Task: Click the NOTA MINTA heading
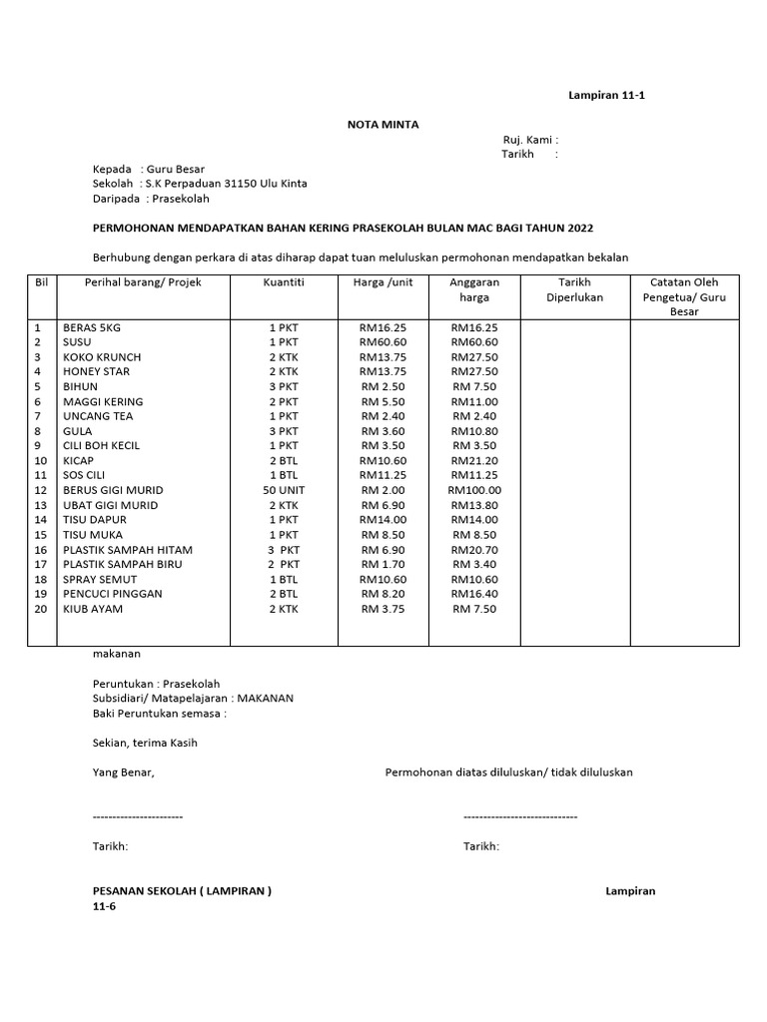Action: tap(383, 125)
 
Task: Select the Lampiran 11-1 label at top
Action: tap(613, 96)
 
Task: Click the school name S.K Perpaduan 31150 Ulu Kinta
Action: tap(227, 184)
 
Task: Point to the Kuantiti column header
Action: tap(284, 282)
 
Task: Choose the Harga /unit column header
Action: tap(383, 282)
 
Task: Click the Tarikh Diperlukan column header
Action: tap(574, 289)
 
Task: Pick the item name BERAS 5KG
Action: tap(92, 327)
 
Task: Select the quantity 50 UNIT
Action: tap(284, 490)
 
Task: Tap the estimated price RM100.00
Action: tap(474, 490)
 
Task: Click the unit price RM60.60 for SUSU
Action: tap(383, 342)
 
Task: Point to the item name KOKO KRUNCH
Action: tap(102, 357)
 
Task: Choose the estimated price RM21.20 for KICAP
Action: tap(474, 461)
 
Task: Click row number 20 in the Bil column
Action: tap(41, 609)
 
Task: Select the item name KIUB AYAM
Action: tap(93, 609)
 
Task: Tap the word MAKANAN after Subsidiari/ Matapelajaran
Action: tap(265, 699)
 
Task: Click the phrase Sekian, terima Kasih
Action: tap(145, 743)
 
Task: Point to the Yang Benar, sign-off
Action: tap(124, 772)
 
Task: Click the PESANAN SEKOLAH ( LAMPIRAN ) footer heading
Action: tap(182, 891)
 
